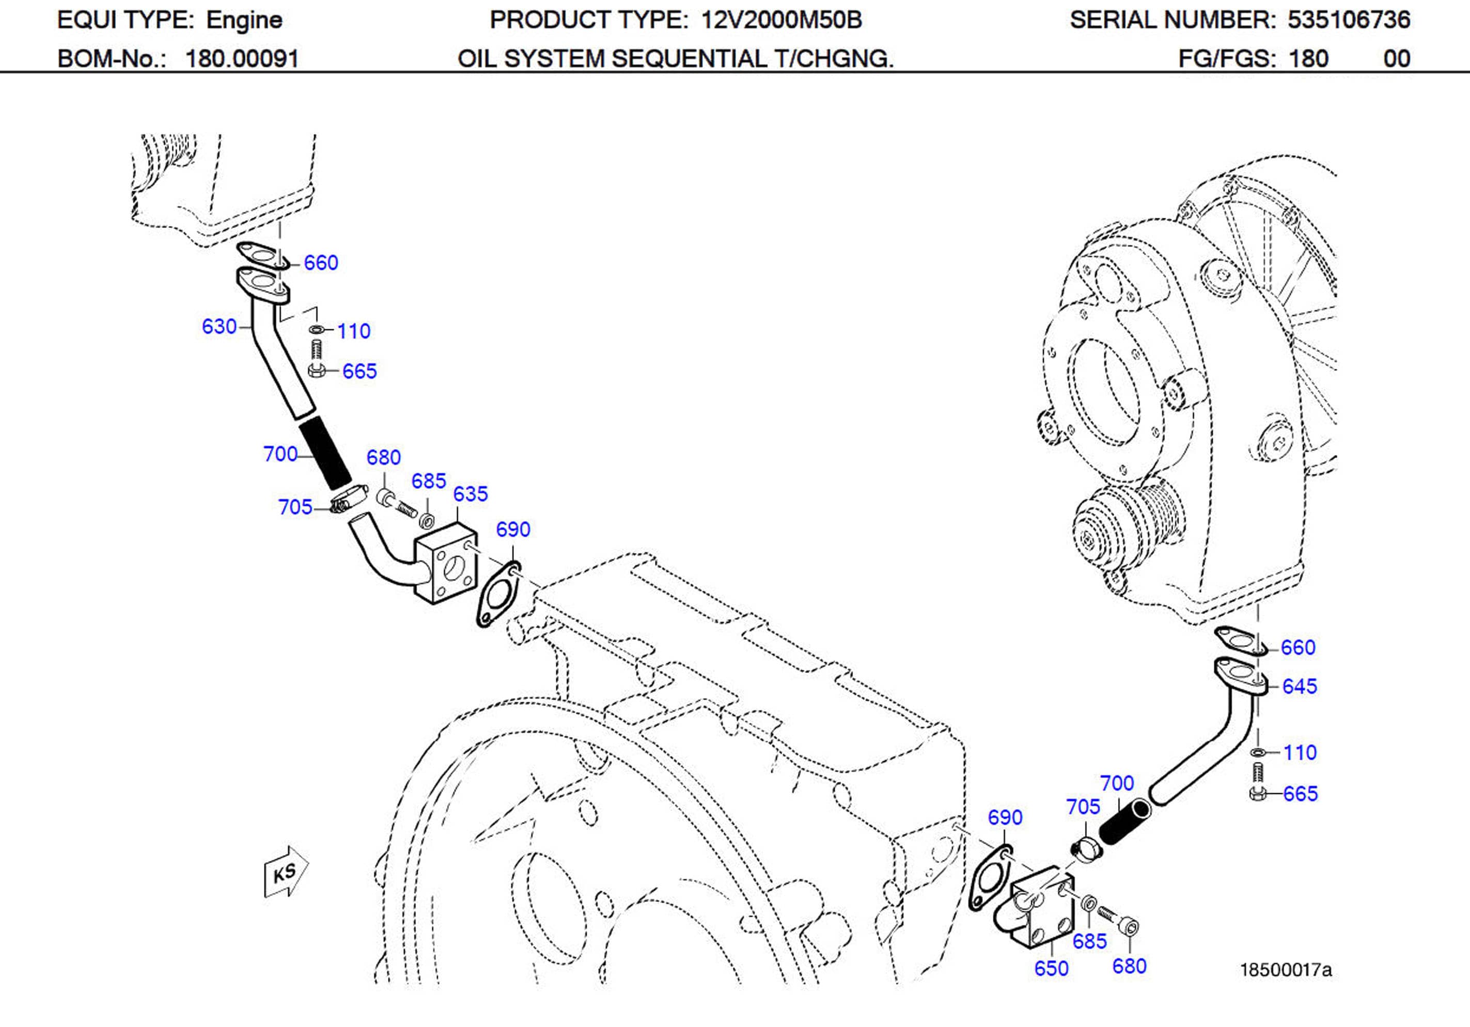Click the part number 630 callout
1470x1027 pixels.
pyautogui.click(x=219, y=327)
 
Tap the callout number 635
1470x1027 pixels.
pyautogui.click(x=470, y=494)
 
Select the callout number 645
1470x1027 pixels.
pyautogui.click(x=1299, y=686)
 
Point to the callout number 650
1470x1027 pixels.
pyautogui.click(x=1051, y=968)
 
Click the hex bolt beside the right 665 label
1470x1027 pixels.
pyautogui.click(x=1257, y=784)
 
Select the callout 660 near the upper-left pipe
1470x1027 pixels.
pyautogui.click(x=320, y=263)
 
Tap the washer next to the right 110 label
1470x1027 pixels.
pyautogui.click(x=1257, y=751)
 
